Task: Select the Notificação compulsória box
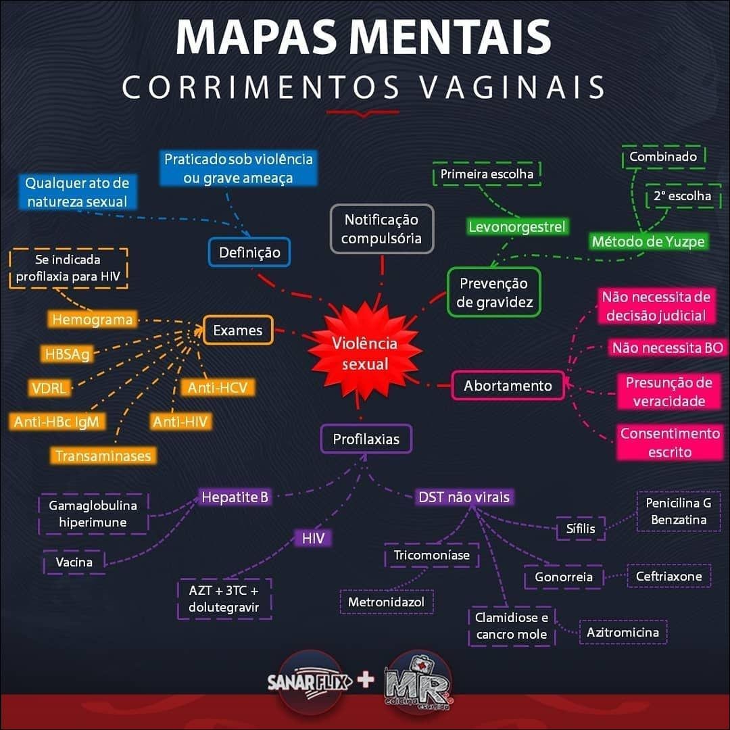(x=381, y=229)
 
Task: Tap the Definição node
(x=249, y=253)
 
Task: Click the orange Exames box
(x=237, y=331)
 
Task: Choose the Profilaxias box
(x=366, y=439)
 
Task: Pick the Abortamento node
(x=508, y=386)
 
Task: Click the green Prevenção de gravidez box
(x=495, y=292)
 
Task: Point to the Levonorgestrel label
(x=516, y=227)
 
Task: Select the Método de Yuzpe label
(x=648, y=241)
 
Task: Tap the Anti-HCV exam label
(x=217, y=388)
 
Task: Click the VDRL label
(x=49, y=389)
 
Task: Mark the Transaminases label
(x=103, y=456)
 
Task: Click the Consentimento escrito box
(x=670, y=443)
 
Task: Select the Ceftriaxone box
(x=668, y=577)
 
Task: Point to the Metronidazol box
(x=386, y=602)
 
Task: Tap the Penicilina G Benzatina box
(x=679, y=511)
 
